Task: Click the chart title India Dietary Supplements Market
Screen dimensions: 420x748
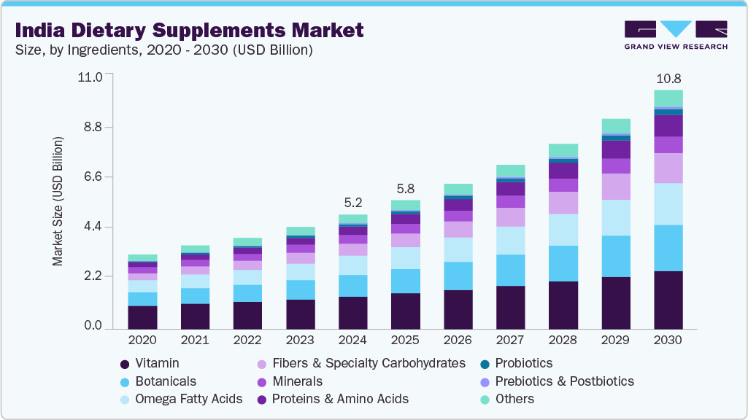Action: [189, 31]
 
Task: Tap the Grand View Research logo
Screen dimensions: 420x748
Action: [676, 35]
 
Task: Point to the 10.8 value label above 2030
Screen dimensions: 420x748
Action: [668, 78]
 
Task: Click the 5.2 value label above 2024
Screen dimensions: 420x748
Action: [353, 202]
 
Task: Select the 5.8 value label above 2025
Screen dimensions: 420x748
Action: [406, 188]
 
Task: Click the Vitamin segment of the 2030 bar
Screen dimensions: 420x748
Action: [668, 300]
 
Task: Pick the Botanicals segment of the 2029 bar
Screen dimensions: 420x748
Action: [616, 256]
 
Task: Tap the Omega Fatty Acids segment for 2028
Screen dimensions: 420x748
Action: [563, 230]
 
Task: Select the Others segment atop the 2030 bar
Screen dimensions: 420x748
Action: [668, 98]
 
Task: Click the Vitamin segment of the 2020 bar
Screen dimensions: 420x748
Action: [143, 317]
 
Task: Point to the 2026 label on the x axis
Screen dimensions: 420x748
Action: [458, 341]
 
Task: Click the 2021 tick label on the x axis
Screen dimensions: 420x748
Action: [196, 341]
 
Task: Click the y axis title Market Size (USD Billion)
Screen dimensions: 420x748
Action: [58, 201]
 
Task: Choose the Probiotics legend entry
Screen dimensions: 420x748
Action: [523, 363]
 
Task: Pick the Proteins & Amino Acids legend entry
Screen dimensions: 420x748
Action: [339, 399]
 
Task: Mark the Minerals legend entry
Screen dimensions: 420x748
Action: [296, 381]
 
